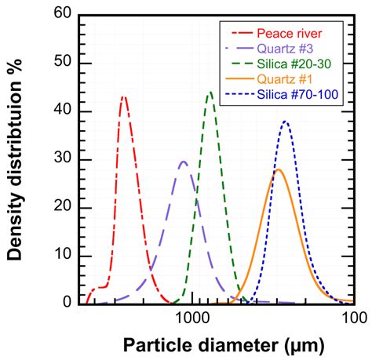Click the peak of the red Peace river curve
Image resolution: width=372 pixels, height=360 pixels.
point(123,97)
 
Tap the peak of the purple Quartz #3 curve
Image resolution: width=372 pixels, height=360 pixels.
point(184,162)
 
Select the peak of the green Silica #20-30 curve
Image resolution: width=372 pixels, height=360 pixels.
point(210,93)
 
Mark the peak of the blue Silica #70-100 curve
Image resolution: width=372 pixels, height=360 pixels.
point(286,122)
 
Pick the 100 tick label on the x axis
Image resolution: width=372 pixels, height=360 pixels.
point(354,317)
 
